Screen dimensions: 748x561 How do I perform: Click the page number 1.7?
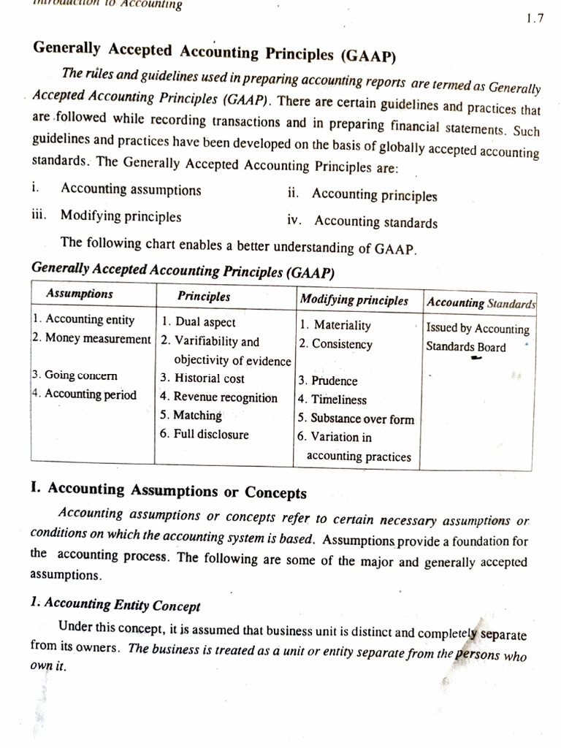[x=535, y=20]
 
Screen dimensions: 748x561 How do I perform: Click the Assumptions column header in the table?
[x=80, y=294]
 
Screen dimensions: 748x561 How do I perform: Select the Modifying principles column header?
[x=354, y=300]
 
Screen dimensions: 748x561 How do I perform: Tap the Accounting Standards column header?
[x=481, y=302]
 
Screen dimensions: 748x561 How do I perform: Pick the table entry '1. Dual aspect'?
[x=199, y=321]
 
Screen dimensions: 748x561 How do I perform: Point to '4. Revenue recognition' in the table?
[x=219, y=397]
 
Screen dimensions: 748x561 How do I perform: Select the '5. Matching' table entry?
[x=191, y=416]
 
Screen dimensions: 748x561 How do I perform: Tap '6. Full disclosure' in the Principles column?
[x=205, y=435]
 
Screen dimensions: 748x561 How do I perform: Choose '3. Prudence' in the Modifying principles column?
[x=327, y=381]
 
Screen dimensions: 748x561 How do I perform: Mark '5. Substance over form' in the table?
[x=355, y=419]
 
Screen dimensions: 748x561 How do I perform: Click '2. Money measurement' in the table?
[x=91, y=338]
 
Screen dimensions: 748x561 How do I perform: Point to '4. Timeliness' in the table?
[x=332, y=400]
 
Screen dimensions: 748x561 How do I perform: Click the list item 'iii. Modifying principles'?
[x=107, y=216]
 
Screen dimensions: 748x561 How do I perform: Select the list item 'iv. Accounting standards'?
[x=362, y=222]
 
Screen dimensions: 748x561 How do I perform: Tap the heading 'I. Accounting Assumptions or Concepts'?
[x=169, y=492]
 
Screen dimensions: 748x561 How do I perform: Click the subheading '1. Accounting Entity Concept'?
[x=115, y=605]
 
